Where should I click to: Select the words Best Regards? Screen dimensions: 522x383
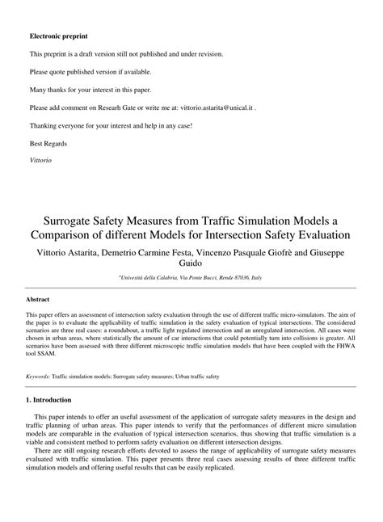point(48,143)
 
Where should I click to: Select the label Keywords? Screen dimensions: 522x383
point(38,376)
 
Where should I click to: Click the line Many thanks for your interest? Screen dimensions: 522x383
point(90,90)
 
